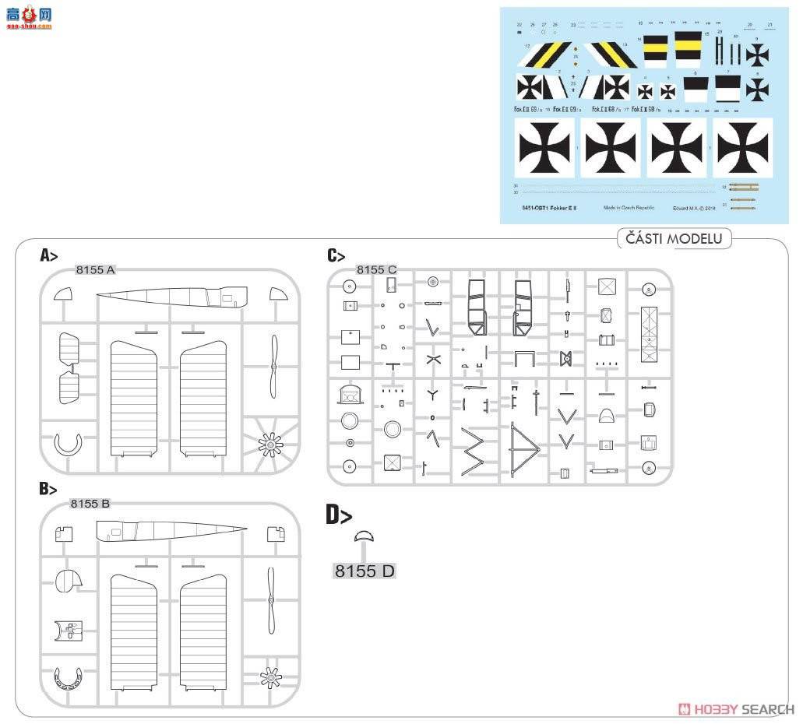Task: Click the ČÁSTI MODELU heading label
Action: (674, 239)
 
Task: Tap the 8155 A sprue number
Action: (95, 270)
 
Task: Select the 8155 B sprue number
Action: (90, 504)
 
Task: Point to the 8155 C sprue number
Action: (376, 270)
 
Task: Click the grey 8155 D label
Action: (365, 571)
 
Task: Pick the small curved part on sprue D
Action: (364, 536)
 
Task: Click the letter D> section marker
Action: (338, 515)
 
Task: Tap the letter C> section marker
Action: (336, 255)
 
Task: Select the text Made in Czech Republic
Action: (629, 208)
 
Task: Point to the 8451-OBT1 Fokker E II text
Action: (549, 208)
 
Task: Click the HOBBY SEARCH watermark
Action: (735, 709)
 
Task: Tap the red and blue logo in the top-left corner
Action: (27, 16)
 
